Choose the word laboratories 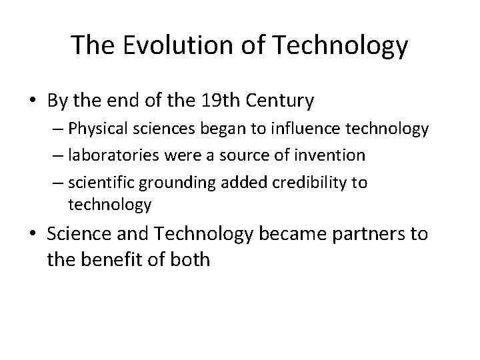tap(109, 155)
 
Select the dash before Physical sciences tap(58, 129)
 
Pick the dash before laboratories tap(58, 155)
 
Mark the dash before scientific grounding tap(58, 183)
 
